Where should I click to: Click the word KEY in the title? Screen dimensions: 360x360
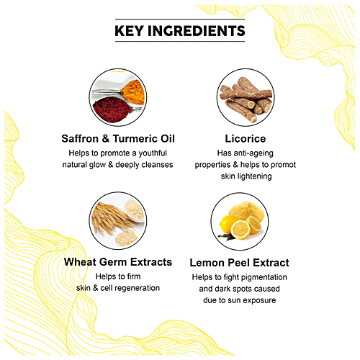tap(130, 31)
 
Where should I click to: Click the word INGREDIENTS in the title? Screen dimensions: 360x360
tap(197, 31)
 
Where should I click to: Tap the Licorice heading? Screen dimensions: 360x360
tap(246, 139)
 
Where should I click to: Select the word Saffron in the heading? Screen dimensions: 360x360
tap(80, 139)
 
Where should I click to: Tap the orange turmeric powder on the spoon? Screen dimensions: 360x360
tap(133, 92)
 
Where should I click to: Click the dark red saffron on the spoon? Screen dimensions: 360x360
tap(112, 109)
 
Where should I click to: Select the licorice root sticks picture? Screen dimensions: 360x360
tap(246, 97)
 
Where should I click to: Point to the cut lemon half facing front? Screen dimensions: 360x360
tap(240, 230)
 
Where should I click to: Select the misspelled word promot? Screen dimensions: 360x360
tap(283, 165)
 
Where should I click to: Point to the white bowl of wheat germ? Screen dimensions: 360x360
tap(135, 210)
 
